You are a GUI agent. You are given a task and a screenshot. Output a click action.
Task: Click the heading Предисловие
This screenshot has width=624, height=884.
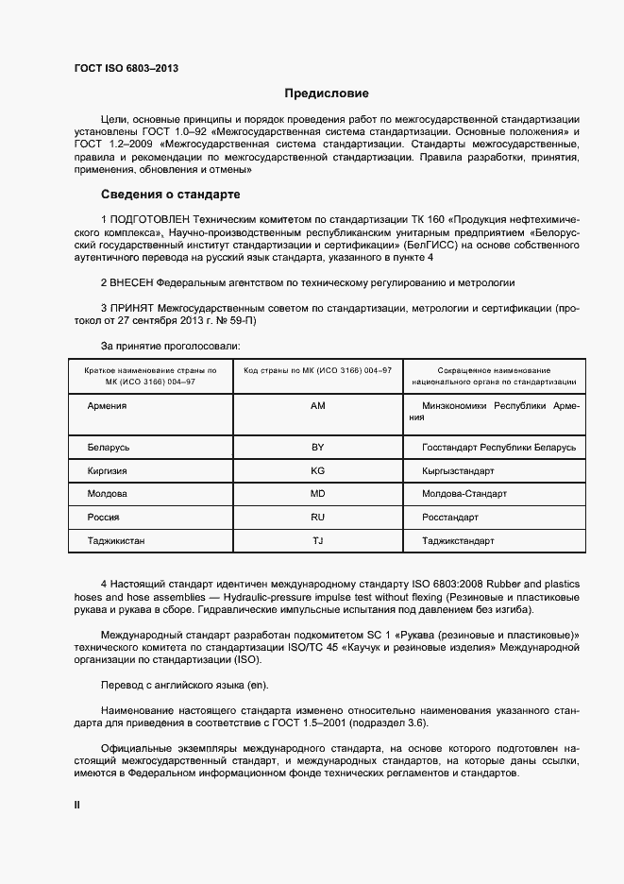coord(327,93)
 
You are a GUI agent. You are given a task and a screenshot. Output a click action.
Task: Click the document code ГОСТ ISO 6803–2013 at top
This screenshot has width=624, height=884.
coord(126,69)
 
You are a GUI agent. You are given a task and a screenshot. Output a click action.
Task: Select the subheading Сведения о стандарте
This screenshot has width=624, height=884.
coord(171,195)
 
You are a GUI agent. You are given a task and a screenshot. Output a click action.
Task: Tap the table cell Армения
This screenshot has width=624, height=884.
coord(107,405)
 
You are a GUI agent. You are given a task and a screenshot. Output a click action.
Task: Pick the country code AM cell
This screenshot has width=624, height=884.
coord(317,405)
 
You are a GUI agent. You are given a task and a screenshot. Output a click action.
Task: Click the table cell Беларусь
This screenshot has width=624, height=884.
coord(109,447)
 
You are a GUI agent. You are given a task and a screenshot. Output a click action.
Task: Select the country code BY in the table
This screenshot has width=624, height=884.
coord(317,447)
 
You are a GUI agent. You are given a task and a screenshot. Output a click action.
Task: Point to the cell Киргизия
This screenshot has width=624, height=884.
coord(108,470)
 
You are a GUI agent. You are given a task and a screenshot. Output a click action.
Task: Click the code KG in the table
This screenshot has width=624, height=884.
coord(317,470)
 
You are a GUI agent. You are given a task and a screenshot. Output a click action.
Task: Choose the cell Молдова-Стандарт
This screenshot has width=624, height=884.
coord(464,494)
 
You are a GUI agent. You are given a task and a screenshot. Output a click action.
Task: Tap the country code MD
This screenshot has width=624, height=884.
coord(317,494)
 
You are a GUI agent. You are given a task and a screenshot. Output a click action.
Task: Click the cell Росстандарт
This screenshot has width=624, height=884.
coord(450,518)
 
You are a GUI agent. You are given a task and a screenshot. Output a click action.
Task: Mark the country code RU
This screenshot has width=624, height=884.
coord(317,518)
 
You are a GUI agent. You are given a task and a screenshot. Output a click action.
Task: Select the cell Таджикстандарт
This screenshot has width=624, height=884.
coord(458,541)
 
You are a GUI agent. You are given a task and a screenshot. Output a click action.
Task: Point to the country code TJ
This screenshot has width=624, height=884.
coord(317,541)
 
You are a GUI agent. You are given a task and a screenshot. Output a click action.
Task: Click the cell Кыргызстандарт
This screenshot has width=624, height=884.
coord(458,470)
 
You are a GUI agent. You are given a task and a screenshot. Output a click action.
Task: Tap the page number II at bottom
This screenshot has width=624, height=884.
coord(77,805)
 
